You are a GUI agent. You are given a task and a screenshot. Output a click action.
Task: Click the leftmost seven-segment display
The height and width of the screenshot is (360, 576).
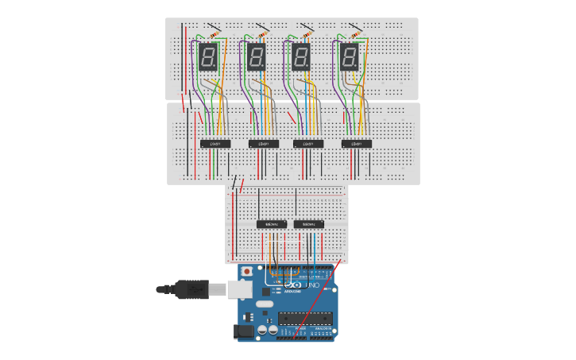pos(208,56)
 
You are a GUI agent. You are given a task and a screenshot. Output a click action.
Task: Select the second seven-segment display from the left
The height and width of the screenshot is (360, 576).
pos(256,56)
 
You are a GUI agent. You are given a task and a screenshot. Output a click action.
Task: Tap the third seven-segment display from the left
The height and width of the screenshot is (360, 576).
pos(300,56)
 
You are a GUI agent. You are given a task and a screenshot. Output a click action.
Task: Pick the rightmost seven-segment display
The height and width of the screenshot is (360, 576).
pos(349,56)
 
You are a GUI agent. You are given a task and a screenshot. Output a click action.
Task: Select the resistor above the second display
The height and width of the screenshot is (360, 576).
pos(262,34)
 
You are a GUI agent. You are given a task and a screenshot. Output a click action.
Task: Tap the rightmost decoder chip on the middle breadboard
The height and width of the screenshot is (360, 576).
pos(357,144)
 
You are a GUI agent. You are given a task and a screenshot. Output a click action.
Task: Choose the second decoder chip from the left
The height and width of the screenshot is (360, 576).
pos(264,144)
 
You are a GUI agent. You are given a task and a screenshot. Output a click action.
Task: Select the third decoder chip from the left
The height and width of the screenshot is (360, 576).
pos(308,144)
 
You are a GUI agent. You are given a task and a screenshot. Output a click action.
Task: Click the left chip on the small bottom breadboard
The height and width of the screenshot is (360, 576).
pos(272,224)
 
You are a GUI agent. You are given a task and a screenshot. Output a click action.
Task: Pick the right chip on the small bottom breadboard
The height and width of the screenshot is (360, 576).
pos(308,224)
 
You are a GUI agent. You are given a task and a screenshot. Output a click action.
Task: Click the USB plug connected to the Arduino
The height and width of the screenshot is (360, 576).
pos(191,290)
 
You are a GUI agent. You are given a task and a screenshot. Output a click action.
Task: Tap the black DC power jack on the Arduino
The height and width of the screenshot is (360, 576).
pos(245,331)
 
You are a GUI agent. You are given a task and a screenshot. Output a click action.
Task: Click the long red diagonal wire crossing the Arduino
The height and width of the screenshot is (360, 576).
pos(318,298)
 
